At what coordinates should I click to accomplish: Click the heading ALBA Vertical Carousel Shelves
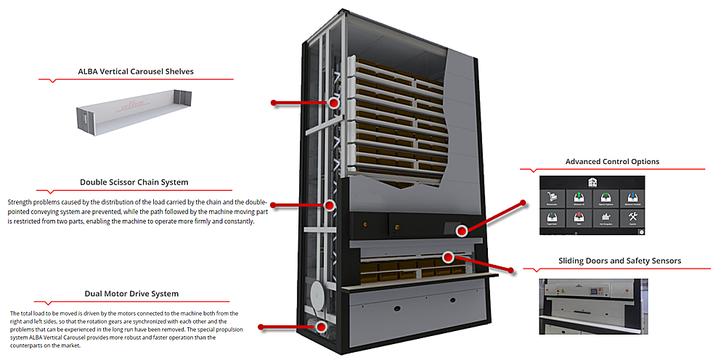[136, 72]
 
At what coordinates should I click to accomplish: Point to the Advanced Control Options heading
[612, 162]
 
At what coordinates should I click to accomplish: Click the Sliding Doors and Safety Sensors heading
[619, 261]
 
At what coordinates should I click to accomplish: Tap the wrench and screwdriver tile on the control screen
[632, 218]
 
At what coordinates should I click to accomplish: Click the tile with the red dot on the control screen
[579, 218]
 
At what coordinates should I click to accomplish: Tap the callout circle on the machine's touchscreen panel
[461, 231]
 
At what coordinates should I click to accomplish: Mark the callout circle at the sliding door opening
[448, 256]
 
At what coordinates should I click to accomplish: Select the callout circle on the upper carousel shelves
[334, 103]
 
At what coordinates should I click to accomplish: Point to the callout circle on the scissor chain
[330, 205]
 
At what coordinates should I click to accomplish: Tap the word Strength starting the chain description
[20, 201]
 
